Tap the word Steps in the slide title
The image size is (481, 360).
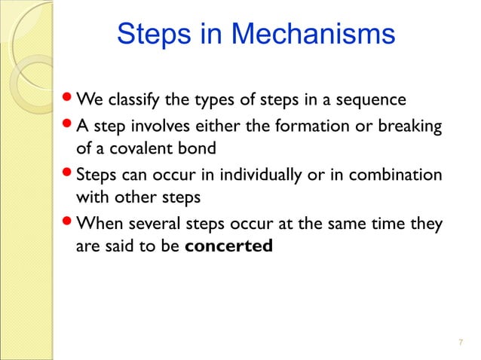[155, 35]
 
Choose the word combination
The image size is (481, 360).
[393, 174]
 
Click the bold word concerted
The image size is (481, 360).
[228, 246]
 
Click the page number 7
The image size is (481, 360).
[460, 343]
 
